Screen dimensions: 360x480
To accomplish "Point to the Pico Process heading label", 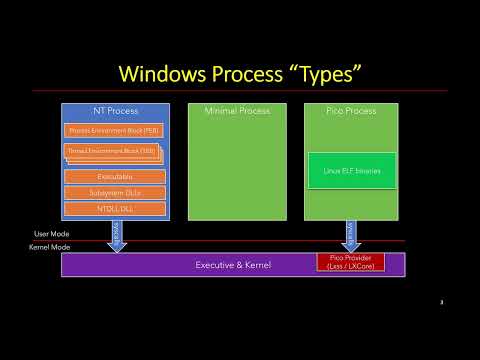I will click(x=351, y=110).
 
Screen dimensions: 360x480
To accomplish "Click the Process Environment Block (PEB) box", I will click(x=113, y=131).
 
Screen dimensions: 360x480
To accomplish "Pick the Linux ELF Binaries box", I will click(x=351, y=171).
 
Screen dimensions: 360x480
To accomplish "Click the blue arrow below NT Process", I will click(x=116, y=236).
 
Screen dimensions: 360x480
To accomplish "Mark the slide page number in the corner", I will click(x=441, y=301).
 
